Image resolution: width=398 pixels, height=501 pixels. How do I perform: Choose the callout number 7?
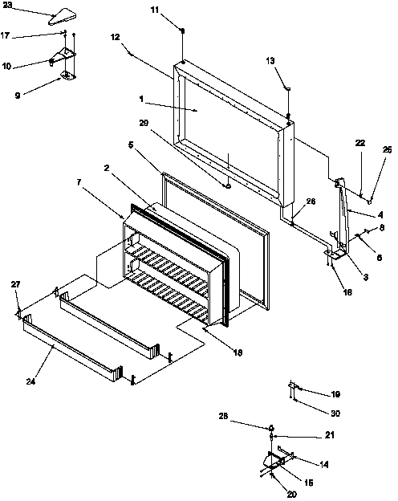coord(78,183)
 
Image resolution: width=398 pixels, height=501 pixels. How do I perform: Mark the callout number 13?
coord(270,61)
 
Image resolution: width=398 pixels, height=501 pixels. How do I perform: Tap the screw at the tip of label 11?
coord(184,31)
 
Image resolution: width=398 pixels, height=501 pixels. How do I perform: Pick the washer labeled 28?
coord(273,428)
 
